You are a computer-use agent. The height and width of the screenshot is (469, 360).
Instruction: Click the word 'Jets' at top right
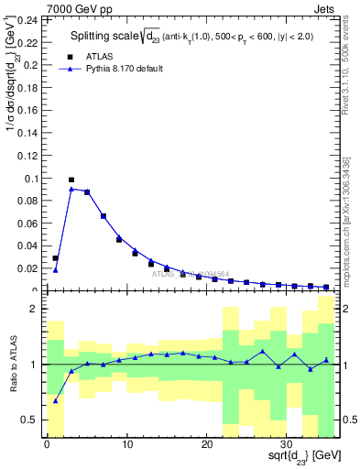326,8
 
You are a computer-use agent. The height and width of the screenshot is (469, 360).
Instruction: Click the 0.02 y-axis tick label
28,268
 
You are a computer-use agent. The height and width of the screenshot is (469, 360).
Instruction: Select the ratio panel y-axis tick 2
33,310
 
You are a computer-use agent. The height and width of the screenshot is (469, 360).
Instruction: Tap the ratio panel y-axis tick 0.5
30,420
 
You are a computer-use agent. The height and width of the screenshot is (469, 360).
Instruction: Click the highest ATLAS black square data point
71,180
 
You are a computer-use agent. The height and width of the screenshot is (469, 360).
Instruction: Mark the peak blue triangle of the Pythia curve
71,189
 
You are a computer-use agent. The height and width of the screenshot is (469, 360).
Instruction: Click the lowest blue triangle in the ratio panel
55,400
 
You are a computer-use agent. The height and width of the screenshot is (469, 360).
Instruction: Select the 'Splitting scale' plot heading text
105,36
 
